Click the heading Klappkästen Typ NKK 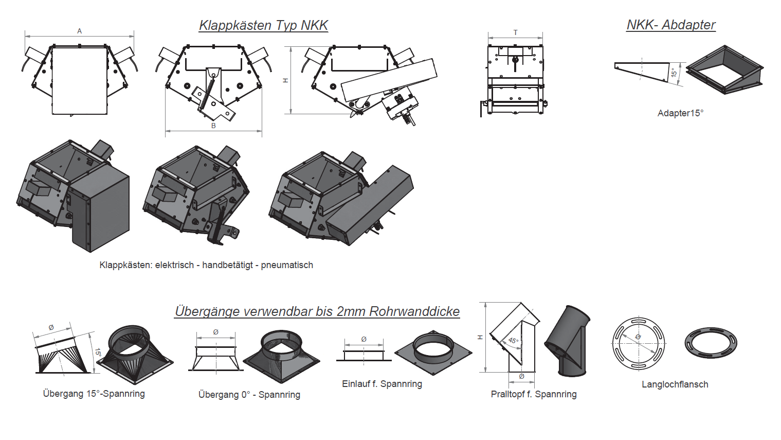263,25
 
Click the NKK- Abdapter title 670,25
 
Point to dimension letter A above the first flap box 80,31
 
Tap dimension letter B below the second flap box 213,126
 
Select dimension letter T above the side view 515,32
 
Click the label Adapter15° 680,113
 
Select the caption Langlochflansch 675,384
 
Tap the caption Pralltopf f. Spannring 533,394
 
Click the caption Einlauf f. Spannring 382,384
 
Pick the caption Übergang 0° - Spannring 249,395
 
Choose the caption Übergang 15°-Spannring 94,394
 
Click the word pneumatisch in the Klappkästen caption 287,265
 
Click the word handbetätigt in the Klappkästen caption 227,265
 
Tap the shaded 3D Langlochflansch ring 711,342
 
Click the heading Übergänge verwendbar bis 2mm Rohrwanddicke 317,311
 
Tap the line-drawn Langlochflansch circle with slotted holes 639,343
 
